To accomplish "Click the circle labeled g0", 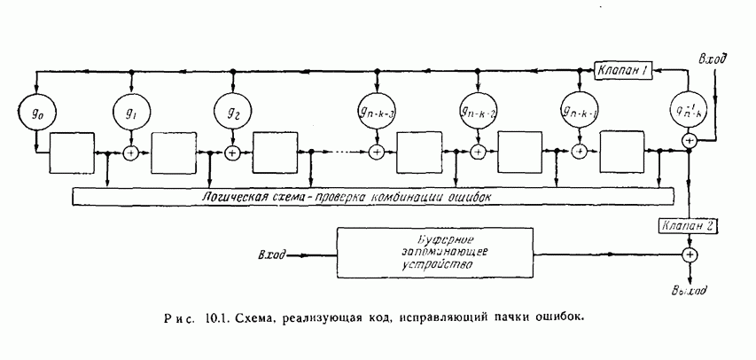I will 36,113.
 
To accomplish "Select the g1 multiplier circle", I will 131,113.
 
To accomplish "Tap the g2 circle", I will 232,113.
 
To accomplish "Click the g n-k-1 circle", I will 580,113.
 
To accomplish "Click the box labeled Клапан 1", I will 624,71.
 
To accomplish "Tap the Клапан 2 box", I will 689,226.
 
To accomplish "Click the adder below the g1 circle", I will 131,153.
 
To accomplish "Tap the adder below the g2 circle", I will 232,153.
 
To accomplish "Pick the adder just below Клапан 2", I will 689,254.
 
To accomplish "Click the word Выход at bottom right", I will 690,290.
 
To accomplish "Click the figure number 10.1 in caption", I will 215,316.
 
